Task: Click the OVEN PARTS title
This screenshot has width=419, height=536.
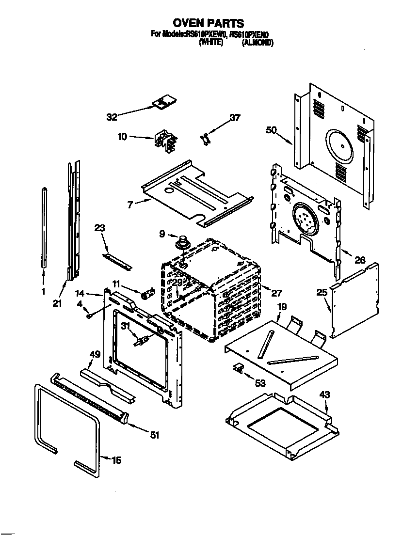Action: coord(209,23)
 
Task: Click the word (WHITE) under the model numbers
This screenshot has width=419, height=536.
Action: coord(211,43)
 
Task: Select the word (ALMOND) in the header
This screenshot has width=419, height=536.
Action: coord(258,43)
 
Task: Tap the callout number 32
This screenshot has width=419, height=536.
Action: coord(112,116)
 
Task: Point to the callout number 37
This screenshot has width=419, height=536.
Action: coord(235,117)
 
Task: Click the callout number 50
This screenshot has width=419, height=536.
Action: coord(272,129)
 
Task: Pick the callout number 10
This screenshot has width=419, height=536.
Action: coord(122,137)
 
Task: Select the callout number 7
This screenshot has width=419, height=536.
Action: coord(130,205)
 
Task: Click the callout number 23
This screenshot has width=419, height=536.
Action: coord(99,228)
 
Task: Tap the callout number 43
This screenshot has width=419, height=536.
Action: coord(324,395)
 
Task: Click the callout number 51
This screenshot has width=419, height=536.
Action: coord(154,435)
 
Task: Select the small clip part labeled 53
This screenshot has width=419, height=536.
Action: coord(238,368)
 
